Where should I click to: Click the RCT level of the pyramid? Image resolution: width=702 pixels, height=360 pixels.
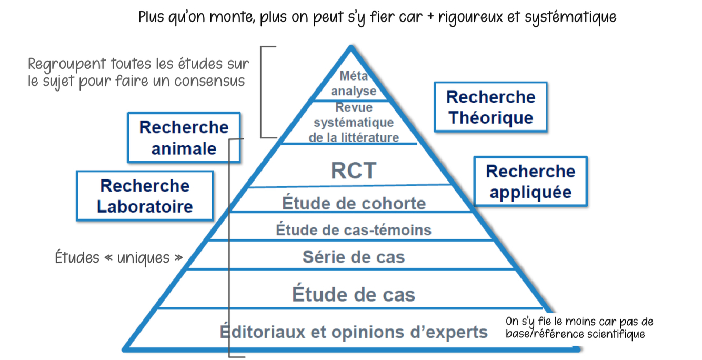[354, 171]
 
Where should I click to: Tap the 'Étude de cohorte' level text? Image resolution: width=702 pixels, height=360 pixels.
[354, 203]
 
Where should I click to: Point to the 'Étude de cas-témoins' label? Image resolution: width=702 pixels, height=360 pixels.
[354, 230]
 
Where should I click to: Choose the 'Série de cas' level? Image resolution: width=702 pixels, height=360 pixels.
[354, 257]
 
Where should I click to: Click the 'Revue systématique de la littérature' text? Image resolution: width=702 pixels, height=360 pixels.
[354, 123]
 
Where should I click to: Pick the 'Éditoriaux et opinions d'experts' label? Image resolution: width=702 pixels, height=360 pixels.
[354, 332]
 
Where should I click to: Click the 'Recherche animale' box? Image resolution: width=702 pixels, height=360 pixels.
[184, 137]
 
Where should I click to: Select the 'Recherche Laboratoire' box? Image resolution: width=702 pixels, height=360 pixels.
[145, 196]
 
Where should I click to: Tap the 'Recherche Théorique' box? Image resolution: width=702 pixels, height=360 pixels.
[490, 107]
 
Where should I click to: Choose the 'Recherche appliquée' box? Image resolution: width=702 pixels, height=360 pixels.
[530, 181]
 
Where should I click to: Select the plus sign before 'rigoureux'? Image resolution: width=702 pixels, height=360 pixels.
[431, 17]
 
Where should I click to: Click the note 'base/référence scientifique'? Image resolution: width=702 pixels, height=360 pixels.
[575, 334]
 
